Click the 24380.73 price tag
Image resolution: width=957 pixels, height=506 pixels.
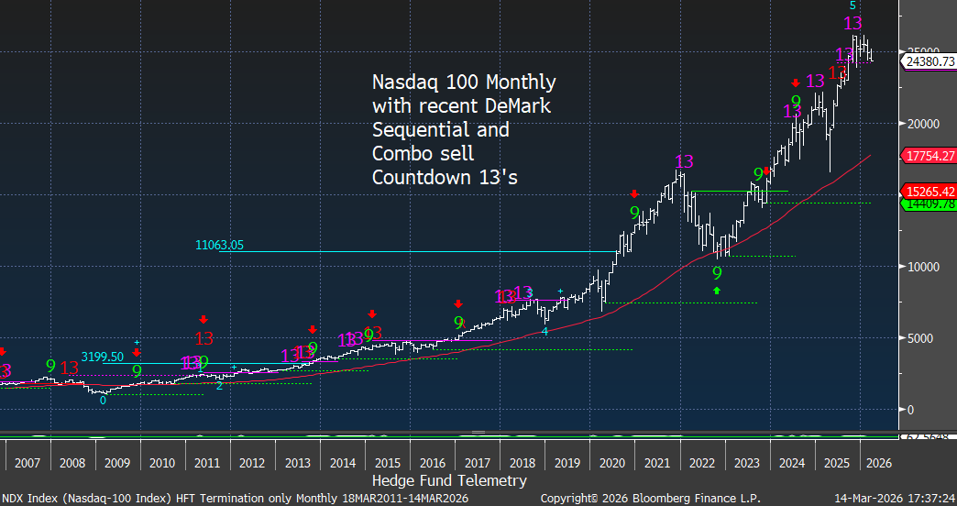929,61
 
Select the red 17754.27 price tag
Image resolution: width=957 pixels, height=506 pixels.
929,157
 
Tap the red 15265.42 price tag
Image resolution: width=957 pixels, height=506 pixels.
929,192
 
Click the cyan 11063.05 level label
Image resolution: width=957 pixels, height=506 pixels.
220,245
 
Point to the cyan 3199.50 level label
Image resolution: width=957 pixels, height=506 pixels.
104,357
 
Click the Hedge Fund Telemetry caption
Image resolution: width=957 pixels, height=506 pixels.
449,480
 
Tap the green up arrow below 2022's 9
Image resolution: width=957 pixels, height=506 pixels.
717,291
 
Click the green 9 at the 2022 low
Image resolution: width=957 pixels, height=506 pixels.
717,273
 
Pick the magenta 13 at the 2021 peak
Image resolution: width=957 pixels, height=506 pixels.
683,162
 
